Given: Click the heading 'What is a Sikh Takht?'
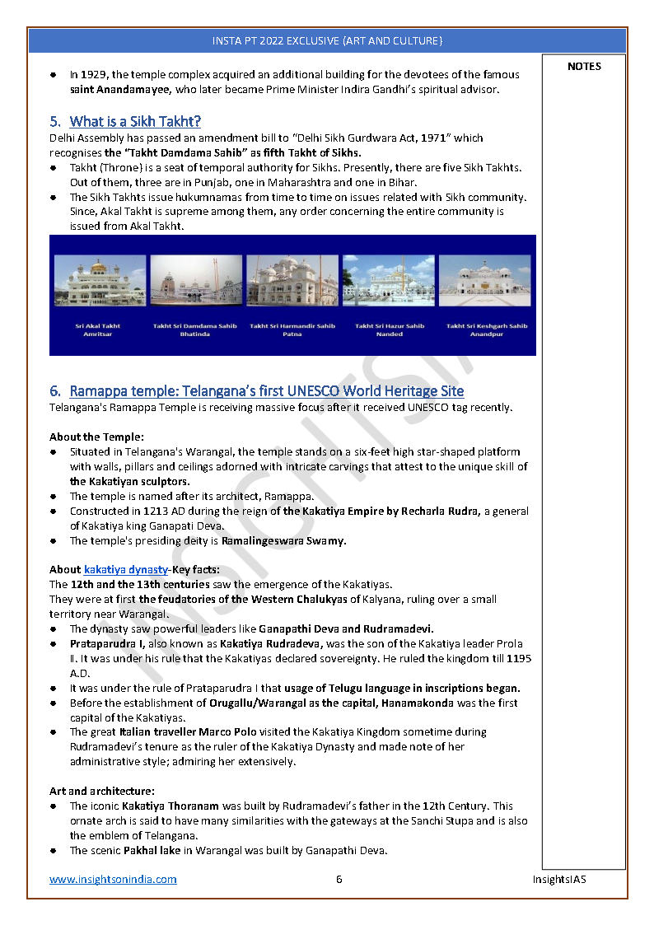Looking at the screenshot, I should [135, 122].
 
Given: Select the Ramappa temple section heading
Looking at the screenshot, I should [267, 390].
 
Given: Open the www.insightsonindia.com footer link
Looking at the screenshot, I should [113, 879].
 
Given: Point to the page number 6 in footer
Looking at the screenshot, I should [339, 879].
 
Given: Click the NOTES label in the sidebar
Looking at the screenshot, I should [584, 67].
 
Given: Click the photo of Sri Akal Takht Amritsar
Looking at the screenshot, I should [100, 280].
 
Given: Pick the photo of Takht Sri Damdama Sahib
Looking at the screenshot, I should [195, 280].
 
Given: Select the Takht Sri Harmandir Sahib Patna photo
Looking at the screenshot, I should [292, 280].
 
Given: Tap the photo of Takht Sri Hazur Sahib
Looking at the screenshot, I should [389, 280].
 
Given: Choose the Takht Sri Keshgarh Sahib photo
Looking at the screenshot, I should [485, 280].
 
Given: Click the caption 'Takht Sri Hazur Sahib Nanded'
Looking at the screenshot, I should [390, 329].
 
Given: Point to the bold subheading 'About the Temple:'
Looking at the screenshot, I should [96, 437].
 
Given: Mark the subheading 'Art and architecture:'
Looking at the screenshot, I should [101, 791].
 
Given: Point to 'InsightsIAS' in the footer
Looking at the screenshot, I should [558, 879].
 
